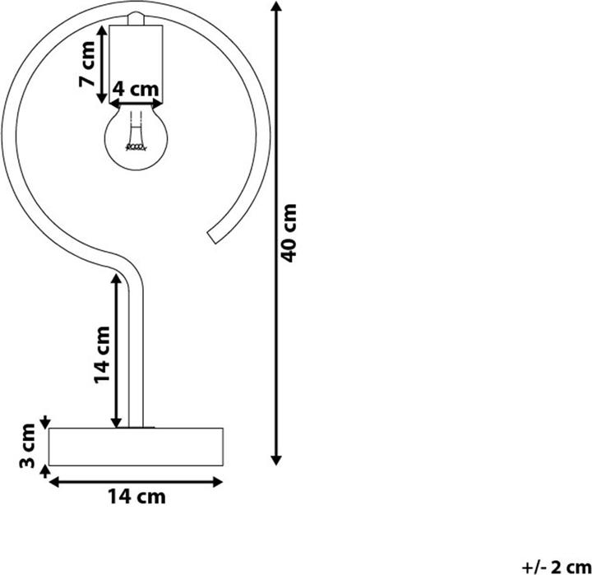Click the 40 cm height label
[289, 233]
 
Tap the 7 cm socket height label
[87, 64]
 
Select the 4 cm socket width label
[136, 89]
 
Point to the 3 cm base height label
[27, 446]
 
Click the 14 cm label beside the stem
[102, 355]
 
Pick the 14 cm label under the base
[136, 496]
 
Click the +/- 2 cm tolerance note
[556, 567]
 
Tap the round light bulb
[136, 137]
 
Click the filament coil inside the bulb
[136, 147]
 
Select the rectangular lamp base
[136, 447]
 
